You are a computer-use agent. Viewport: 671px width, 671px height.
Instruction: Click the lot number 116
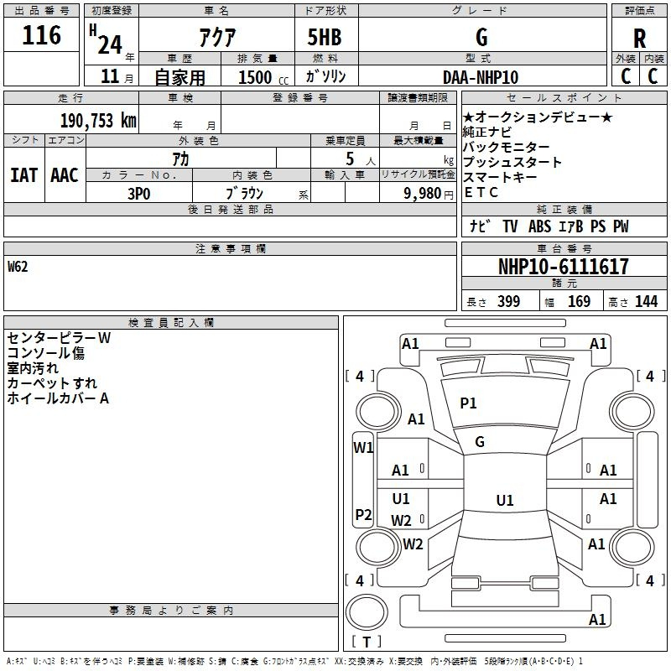click(x=43, y=35)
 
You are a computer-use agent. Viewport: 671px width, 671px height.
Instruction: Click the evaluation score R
click(x=640, y=39)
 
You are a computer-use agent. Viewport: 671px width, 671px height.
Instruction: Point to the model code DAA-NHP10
click(x=481, y=77)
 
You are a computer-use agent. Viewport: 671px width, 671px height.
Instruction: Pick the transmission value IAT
click(x=23, y=174)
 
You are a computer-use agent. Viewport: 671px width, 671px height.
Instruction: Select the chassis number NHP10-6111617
click(x=563, y=268)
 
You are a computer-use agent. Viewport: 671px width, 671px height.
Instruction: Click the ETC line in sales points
click(x=481, y=192)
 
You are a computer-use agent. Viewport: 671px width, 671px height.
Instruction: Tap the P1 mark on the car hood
click(x=468, y=403)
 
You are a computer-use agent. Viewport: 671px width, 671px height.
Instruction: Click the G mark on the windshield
click(x=480, y=442)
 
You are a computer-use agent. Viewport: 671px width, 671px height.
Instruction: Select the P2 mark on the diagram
click(x=363, y=514)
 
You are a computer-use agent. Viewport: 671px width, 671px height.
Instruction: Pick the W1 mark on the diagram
click(x=363, y=447)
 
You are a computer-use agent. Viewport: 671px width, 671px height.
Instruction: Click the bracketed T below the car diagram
click(x=367, y=642)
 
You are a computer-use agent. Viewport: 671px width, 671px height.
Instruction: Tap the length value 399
click(x=508, y=302)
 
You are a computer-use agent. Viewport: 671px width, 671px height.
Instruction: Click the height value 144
click(x=646, y=302)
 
